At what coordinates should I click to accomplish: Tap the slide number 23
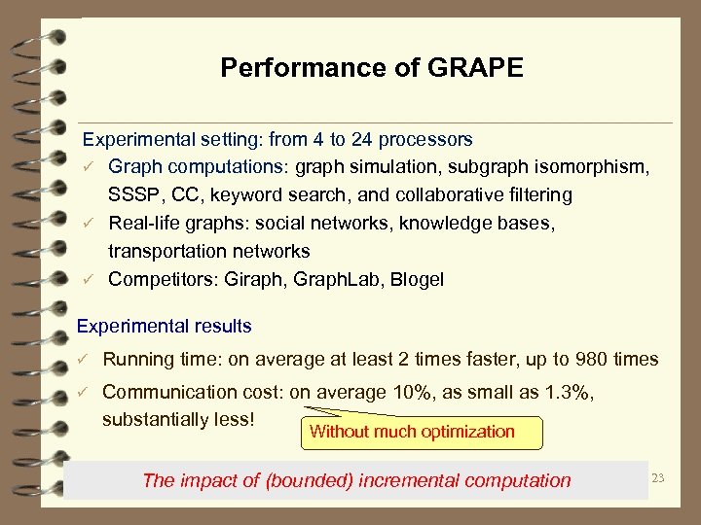point(658,477)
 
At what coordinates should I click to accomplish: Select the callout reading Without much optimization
point(412,432)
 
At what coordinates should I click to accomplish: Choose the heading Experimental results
point(164,327)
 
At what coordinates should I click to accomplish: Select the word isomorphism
point(593,167)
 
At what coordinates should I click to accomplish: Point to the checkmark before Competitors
point(88,280)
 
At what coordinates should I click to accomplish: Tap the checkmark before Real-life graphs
point(88,224)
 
